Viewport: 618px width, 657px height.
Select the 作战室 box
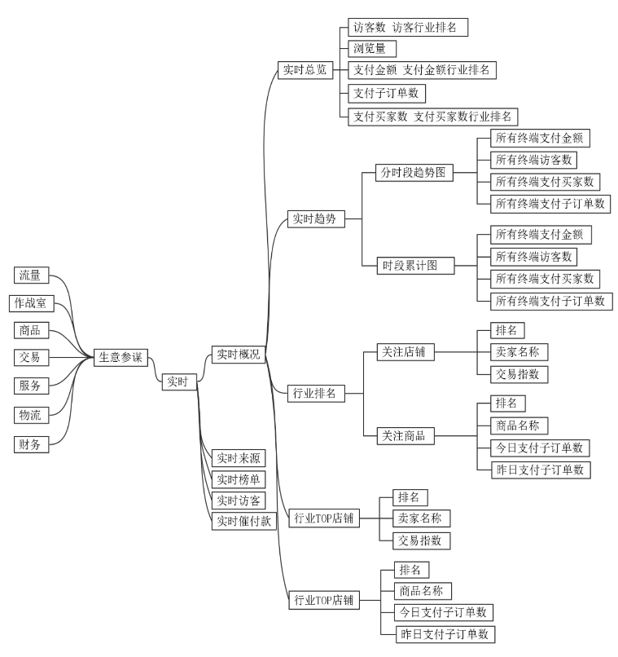click(32, 303)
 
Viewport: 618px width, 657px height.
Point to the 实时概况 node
click(238, 354)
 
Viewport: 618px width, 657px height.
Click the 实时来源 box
click(238, 457)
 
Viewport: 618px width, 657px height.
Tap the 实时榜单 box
click(238, 478)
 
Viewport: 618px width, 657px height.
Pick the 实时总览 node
click(303, 70)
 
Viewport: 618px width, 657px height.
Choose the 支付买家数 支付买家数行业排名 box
click(432, 116)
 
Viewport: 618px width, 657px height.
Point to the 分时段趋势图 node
click(414, 173)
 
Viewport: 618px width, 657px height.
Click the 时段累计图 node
click(414, 265)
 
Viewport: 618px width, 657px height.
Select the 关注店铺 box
click(405, 352)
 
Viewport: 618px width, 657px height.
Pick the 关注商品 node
click(405, 435)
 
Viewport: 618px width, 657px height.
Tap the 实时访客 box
click(238, 499)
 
